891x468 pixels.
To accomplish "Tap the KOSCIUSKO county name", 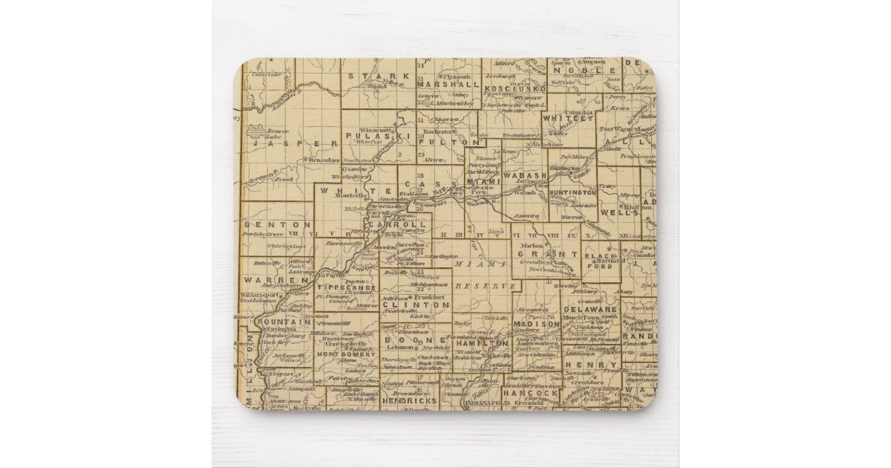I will [x=515, y=88].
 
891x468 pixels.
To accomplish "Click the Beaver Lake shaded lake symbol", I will [x=255, y=133].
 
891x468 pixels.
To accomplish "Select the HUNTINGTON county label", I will [x=573, y=192].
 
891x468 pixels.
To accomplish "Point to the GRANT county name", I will [x=552, y=254].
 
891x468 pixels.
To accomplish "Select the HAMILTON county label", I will [x=483, y=344].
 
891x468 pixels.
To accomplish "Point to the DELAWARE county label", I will [x=590, y=309].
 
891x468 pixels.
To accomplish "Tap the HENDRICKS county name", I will [x=410, y=400].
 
